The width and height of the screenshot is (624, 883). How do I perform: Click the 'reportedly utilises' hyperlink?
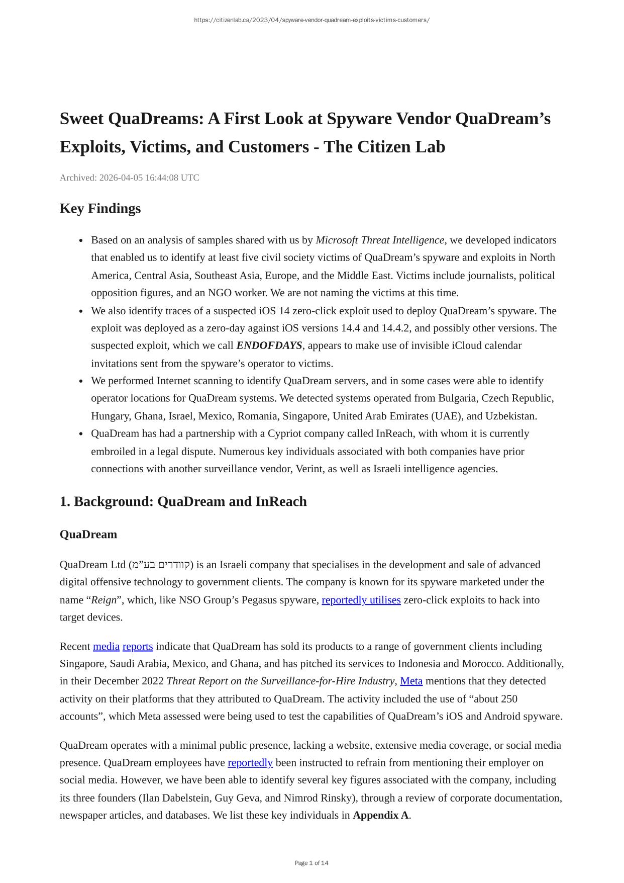tap(361, 600)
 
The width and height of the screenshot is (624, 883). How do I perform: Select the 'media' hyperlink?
tap(106, 646)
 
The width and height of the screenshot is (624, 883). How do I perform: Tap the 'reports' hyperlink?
tap(138, 646)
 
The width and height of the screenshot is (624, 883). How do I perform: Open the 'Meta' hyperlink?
tap(411, 681)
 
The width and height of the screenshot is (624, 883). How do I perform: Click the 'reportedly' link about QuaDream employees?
tap(250, 762)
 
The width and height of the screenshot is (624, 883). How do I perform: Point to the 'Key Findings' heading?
tap(100, 208)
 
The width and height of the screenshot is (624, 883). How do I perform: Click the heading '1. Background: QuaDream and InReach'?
tap(183, 501)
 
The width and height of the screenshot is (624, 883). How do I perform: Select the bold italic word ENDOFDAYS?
tap(269, 345)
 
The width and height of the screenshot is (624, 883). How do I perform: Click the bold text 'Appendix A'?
tap(380, 815)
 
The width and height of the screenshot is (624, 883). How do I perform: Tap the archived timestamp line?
tap(129, 178)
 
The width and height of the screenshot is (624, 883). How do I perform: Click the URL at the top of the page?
tap(311, 20)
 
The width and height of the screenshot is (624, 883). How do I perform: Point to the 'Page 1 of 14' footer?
tap(311, 863)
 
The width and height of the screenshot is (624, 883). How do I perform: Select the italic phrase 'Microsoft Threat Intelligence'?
tap(379, 240)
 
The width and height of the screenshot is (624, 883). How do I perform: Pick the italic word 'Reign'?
tap(103, 600)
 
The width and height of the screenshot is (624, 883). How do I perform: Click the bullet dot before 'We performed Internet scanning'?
tap(81, 381)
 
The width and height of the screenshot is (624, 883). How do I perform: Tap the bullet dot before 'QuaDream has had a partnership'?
tap(81, 434)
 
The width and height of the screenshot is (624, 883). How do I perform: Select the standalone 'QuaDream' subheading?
tap(88, 534)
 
